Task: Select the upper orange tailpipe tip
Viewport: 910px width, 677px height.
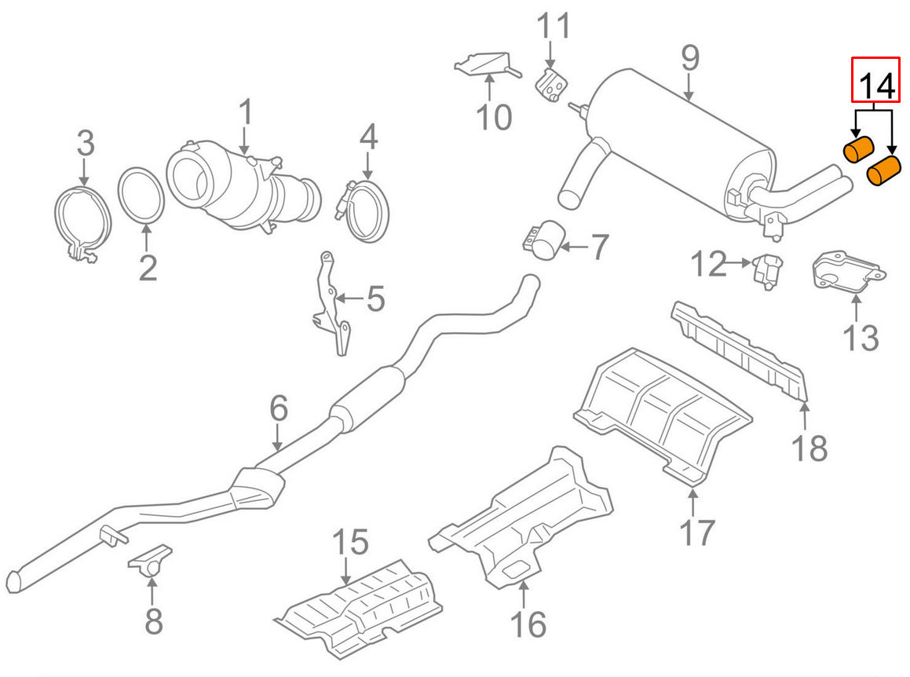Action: point(859,148)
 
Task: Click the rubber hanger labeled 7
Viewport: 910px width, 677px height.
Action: point(545,240)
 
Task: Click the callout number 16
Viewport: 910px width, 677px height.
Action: point(528,624)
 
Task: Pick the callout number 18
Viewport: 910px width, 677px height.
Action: point(809,448)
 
